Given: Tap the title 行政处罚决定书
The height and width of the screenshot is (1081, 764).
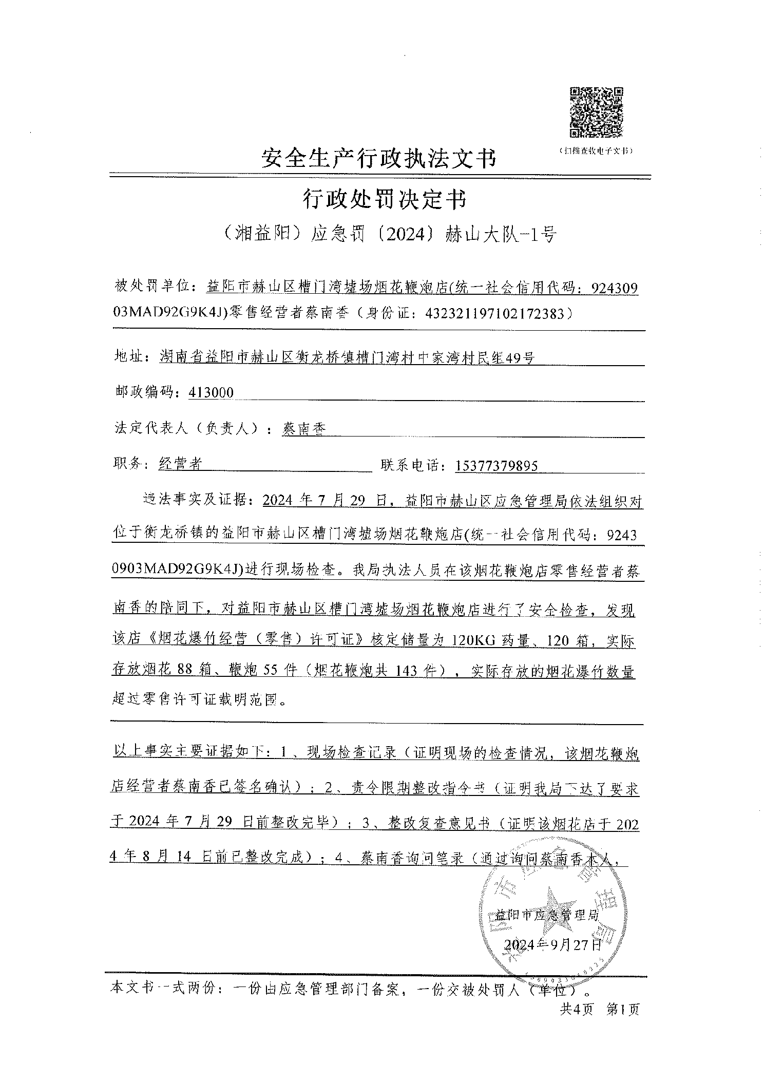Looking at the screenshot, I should (x=384, y=199).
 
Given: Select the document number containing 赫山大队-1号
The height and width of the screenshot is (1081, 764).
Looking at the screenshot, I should (x=384, y=234).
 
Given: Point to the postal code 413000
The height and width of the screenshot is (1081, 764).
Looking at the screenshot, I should (x=211, y=393).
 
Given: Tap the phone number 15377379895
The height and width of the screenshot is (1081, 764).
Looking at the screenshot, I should (x=496, y=465).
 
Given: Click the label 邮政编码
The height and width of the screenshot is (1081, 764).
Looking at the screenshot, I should (x=144, y=393).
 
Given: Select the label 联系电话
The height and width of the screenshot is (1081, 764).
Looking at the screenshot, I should (x=413, y=465).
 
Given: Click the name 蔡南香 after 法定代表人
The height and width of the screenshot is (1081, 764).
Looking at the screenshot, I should (x=304, y=428).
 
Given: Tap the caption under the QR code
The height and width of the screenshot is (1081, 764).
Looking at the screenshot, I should (x=596, y=151).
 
